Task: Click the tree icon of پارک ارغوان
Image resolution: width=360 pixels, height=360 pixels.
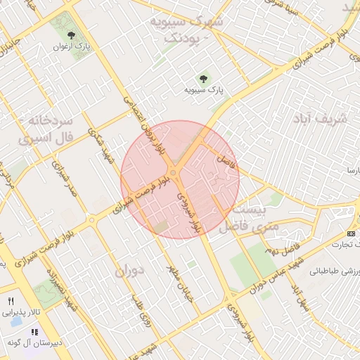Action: tap(70, 35)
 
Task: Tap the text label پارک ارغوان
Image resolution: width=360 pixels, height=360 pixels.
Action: tap(70, 46)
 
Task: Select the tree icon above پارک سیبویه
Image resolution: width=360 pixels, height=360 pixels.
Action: tap(204, 79)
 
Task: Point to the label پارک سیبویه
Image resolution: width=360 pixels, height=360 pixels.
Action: tap(204, 90)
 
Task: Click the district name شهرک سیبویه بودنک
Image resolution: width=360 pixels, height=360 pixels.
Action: tap(186, 30)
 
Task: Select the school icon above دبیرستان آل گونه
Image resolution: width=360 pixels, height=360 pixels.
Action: tap(34, 330)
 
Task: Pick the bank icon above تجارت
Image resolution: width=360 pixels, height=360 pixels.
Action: tap(352, 233)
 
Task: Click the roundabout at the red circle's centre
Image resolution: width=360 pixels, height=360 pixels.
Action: tap(173, 173)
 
